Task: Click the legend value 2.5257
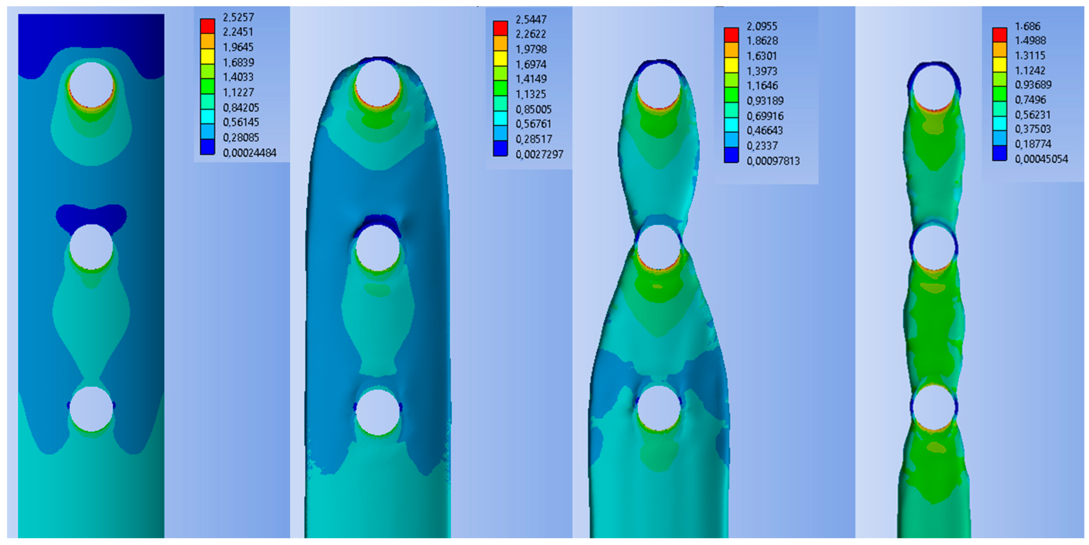tap(238, 17)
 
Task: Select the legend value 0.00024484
tap(249, 153)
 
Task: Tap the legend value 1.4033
tap(238, 77)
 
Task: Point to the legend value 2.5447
tap(531, 19)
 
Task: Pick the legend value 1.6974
tap(531, 64)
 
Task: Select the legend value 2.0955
tap(762, 26)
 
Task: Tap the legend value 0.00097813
tap(773, 161)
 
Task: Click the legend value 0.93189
tap(765, 101)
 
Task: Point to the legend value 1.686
tap(1028, 26)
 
